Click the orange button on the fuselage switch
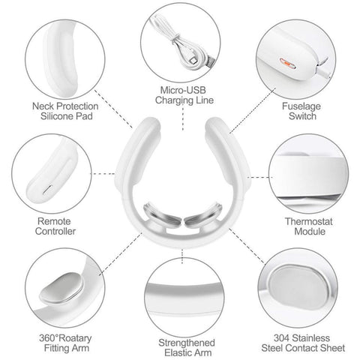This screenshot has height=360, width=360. (x=287, y=64)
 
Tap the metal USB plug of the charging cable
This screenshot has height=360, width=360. (x=211, y=62)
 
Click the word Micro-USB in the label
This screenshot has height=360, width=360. (x=183, y=90)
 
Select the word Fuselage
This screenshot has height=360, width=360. (x=301, y=106)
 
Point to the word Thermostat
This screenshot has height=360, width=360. (x=309, y=221)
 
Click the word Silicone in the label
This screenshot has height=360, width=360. (x=55, y=116)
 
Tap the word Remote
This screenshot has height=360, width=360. (x=54, y=221)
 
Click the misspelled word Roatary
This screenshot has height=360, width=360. (x=75, y=338)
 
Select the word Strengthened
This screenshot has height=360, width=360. (x=187, y=343)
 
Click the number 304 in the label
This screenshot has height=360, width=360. (x=282, y=338)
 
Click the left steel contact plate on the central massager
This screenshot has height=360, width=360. (x=162, y=215)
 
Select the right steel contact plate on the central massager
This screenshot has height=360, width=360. (x=202, y=214)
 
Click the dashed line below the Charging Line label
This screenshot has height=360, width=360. (x=183, y=118)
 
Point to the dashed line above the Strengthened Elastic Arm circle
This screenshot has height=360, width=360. (x=182, y=256)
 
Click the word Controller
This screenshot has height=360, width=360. (x=55, y=231)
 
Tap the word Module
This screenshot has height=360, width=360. (x=310, y=231)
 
